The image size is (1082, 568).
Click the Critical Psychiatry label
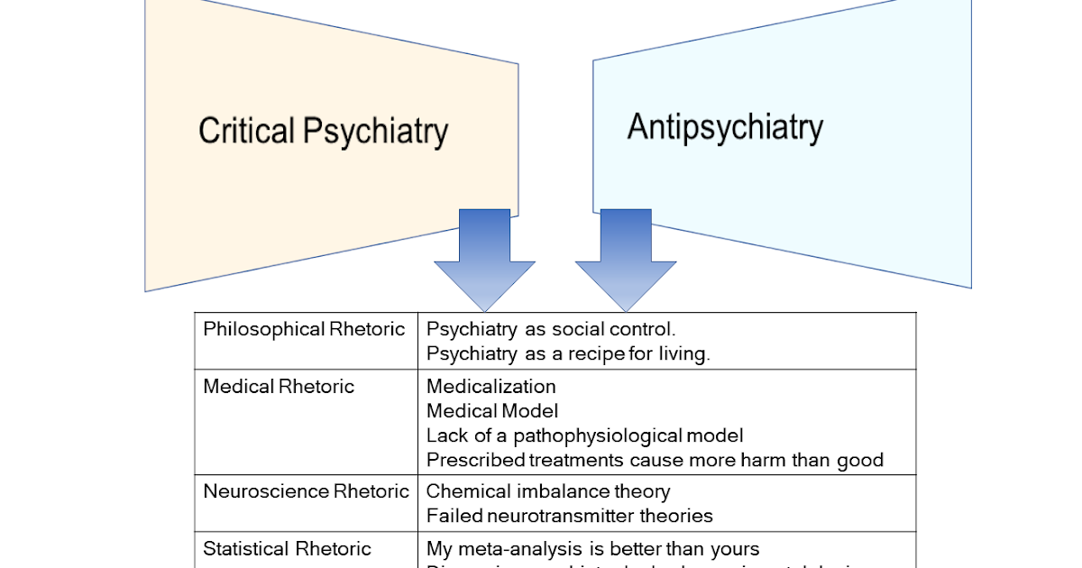point(323,132)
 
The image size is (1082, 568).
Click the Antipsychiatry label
point(725,127)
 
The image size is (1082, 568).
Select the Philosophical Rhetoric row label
point(304,329)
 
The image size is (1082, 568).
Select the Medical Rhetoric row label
point(279,387)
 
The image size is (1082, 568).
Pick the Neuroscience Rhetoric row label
point(306,491)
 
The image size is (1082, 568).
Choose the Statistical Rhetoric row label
point(287,548)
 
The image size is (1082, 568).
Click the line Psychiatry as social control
point(551,329)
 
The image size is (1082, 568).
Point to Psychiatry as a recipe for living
point(568,353)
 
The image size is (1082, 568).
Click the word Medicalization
point(491,387)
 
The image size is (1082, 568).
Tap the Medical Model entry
point(492,411)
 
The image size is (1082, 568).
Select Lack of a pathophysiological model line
point(585,435)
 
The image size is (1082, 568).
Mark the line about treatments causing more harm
point(655,460)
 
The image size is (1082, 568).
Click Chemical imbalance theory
point(548,491)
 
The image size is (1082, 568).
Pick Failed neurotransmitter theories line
point(569,516)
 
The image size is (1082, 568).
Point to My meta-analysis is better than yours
point(592,548)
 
